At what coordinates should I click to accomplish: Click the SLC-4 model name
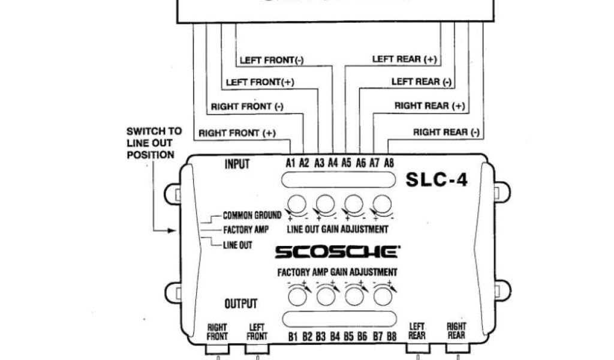point(437,179)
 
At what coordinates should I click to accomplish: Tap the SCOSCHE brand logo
point(335,252)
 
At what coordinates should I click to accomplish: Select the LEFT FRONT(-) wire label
point(272,60)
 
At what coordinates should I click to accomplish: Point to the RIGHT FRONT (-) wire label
point(247,107)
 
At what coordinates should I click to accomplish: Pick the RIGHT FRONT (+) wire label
point(237,133)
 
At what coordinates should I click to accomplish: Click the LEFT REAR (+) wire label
point(405,59)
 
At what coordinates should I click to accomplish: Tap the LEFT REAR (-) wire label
point(422,82)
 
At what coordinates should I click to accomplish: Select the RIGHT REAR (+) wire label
point(429,106)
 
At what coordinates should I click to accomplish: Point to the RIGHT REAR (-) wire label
point(446,132)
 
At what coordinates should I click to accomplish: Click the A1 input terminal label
point(291,163)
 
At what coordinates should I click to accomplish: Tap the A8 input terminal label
point(389,163)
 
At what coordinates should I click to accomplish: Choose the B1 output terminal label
point(293,337)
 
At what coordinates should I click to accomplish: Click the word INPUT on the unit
point(237,164)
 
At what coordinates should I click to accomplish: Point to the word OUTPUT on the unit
point(240,304)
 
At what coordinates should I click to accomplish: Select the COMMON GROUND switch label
point(252,215)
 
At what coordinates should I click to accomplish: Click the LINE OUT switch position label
point(237,245)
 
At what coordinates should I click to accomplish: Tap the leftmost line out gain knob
point(296,205)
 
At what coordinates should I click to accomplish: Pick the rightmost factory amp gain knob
point(382,295)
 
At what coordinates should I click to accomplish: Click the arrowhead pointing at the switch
point(174,230)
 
